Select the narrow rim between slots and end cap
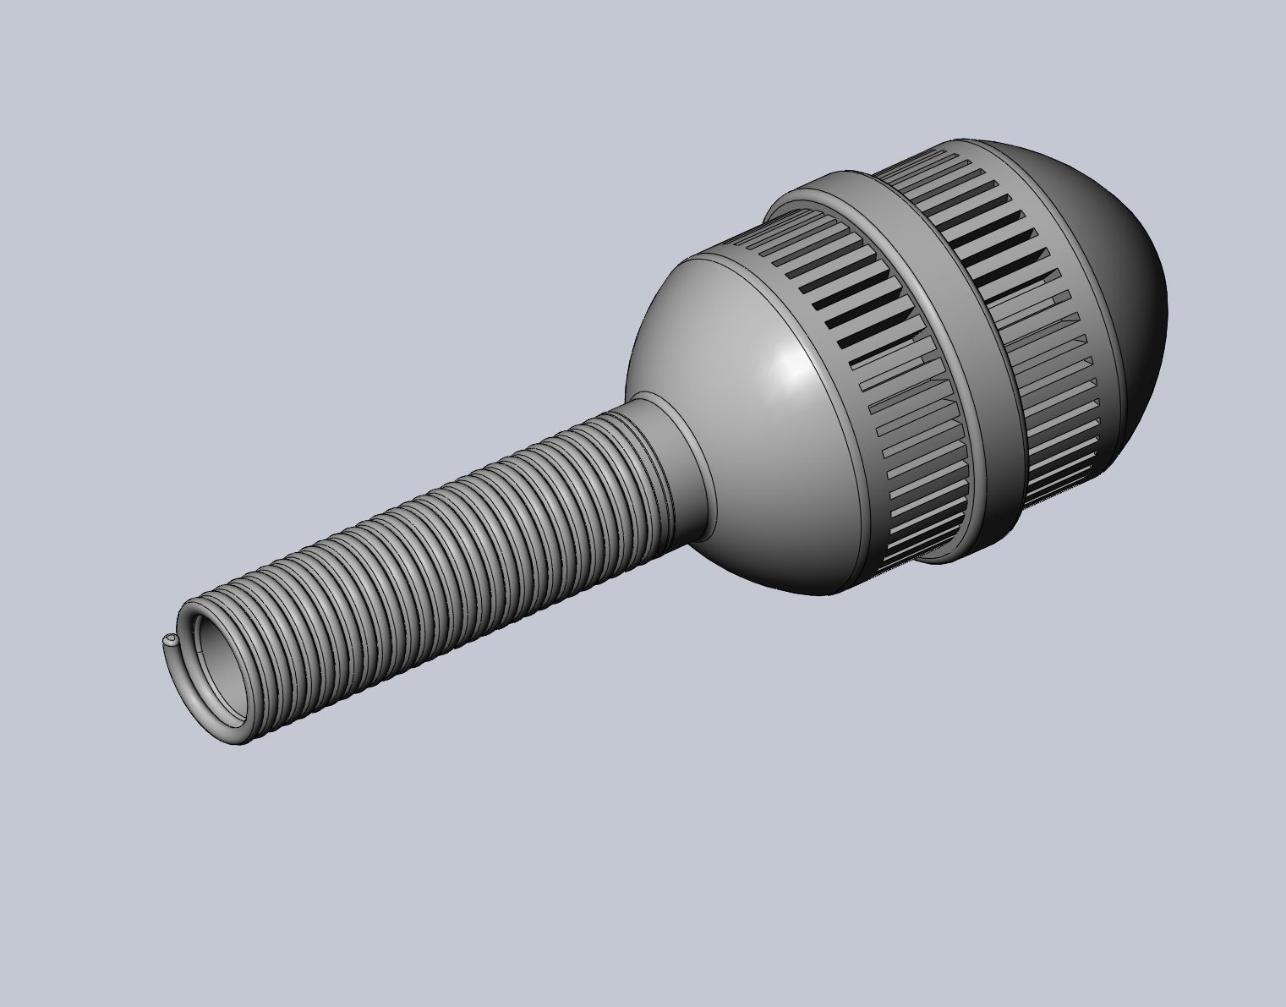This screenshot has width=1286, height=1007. (1074, 338)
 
